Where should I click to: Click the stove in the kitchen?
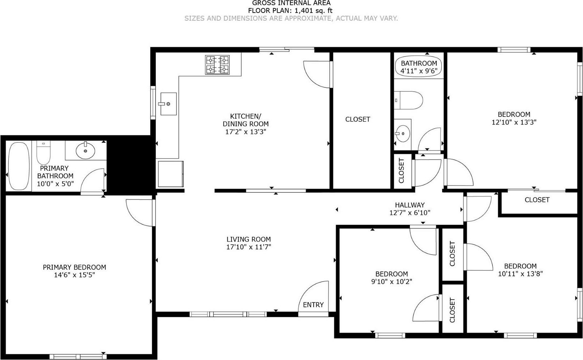(x=217, y=65)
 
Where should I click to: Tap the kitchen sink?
(x=168, y=104)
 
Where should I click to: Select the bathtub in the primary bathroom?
(x=19, y=166)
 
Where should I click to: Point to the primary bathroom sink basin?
(x=85, y=151)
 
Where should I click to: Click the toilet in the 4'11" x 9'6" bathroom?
(x=408, y=100)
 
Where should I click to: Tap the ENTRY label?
(x=313, y=305)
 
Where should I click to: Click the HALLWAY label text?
(x=410, y=205)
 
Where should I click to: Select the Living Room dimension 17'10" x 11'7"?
(x=248, y=247)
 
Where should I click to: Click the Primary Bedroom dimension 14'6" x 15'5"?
(x=74, y=275)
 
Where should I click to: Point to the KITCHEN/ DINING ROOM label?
(x=246, y=120)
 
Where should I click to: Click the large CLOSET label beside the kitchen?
(x=358, y=119)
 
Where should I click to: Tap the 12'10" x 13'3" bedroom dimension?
(x=514, y=122)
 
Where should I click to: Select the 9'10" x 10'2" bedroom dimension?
(x=392, y=282)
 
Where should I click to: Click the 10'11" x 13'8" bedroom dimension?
(x=520, y=274)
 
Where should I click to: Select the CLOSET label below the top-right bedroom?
(x=537, y=200)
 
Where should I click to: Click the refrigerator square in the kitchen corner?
(x=170, y=174)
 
